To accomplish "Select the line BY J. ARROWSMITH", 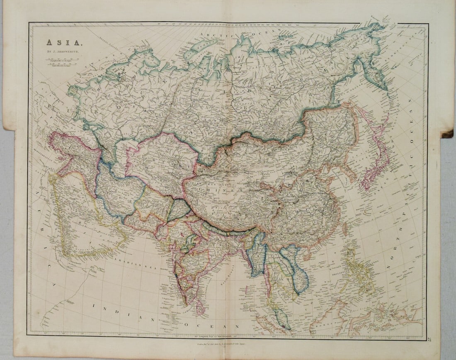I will pos(59,51).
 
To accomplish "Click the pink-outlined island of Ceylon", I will pos(200,308).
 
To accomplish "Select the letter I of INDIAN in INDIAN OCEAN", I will pos(95,305).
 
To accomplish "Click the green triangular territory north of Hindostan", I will pos(178,209).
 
